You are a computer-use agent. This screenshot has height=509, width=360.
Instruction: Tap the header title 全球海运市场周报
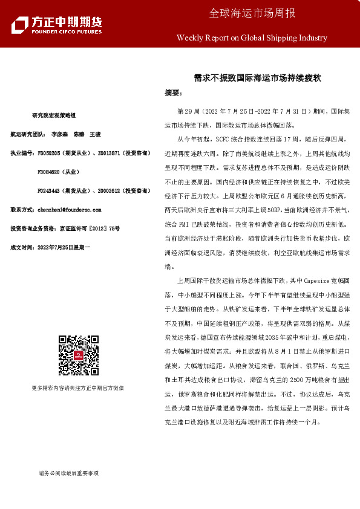pos(252,13)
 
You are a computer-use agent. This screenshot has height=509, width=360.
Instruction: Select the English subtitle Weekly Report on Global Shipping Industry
pos(252,37)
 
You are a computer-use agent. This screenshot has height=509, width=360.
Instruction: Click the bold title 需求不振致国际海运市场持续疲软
pos(257,78)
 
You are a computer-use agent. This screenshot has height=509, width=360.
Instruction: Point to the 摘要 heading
pos(172,93)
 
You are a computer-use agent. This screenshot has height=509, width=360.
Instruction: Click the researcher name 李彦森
pos(59,136)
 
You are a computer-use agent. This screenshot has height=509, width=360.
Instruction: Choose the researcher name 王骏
pos(94,136)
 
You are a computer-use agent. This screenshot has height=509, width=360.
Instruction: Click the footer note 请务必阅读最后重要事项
pos(68,473)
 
